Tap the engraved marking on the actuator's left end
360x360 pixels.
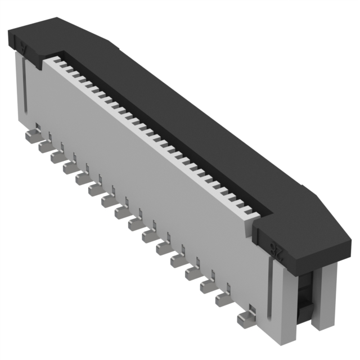click(23, 47)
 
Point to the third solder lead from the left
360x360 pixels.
click(57, 157)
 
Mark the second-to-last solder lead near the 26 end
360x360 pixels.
click(224, 299)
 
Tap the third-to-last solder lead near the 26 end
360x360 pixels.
click(208, 287)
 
